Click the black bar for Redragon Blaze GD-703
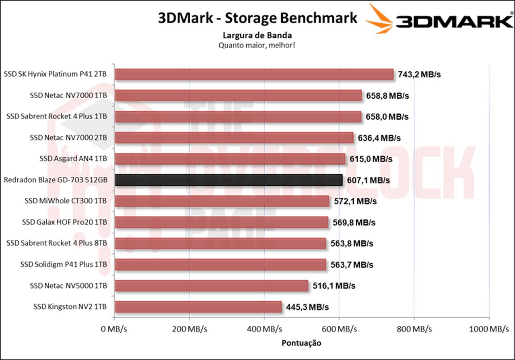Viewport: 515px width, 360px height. coord(229,180)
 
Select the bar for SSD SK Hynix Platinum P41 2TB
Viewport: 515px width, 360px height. coord(254,74)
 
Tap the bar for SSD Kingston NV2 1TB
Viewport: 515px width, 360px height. coord(198,307)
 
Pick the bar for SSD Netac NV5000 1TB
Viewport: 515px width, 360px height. coord(211,286)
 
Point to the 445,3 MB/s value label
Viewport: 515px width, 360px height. coord(307,307)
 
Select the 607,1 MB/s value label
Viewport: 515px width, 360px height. coord(368,180)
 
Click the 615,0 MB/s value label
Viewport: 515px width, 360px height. coord(371,159)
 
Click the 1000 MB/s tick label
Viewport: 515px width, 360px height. coord(488,329)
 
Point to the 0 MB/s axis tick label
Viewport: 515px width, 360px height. coord(114,329)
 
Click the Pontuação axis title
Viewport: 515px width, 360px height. coord(301,343)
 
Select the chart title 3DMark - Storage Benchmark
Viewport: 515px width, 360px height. coord(257,18)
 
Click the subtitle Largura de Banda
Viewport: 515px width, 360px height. coord(257,35)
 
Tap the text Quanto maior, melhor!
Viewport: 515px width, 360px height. coord(257,45)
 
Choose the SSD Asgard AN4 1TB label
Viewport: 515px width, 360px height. coord(73,159)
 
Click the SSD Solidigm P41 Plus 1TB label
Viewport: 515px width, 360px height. coord(64,265)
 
